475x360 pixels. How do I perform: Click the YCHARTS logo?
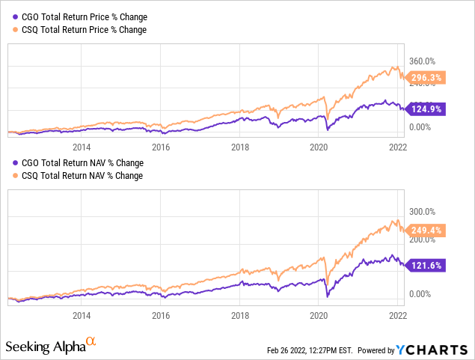coord(441,349)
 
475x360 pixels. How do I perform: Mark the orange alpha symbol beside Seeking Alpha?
coord(91,343)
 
